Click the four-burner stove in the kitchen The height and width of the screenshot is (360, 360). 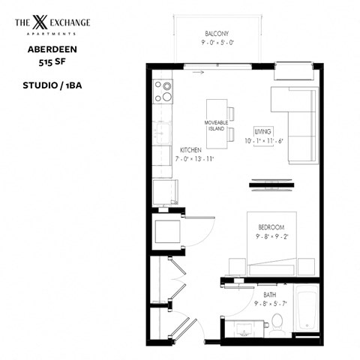coord(163,91)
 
